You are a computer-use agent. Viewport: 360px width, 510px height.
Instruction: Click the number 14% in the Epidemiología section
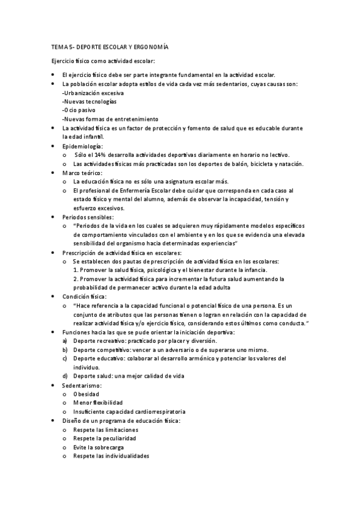102,155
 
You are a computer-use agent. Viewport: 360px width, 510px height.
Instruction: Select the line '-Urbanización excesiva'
93,93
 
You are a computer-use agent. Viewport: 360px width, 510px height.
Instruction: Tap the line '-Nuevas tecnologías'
90,102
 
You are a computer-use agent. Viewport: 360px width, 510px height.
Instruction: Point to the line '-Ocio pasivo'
79,111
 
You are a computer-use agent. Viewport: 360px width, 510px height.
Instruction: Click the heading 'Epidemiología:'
82,146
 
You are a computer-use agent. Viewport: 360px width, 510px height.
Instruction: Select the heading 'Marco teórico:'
82,173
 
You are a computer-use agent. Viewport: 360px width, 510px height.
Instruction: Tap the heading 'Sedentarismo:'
82,385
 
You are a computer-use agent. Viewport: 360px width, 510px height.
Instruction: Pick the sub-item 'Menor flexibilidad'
98,402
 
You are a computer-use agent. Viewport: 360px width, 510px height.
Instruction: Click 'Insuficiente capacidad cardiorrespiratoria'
129,411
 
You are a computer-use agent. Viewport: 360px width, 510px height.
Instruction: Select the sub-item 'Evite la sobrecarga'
100,447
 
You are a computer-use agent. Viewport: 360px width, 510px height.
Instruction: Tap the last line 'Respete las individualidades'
111,456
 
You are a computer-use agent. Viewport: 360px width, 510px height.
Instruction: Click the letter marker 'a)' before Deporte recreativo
65,341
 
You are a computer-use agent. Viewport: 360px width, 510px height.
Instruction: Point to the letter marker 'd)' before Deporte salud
65,376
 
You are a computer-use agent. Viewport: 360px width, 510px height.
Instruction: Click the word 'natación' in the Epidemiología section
291,164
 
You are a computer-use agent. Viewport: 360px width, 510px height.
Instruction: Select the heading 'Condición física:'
84,296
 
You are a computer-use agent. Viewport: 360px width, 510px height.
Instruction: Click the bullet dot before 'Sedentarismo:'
53,385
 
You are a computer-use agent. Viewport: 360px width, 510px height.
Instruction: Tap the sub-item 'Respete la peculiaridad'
105,438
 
